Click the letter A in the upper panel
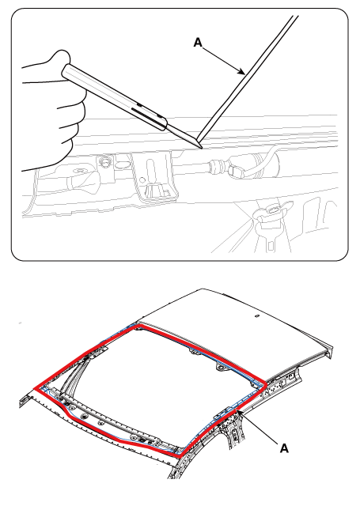point(198,43)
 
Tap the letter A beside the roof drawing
point(284,448)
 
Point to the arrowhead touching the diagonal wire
point(241,72)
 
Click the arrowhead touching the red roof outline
point(239,412)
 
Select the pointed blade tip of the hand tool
point(201,147)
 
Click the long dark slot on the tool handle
point(146,115)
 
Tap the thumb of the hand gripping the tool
point(61,58)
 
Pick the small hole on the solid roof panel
point(257,316)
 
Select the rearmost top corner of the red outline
point(138,327)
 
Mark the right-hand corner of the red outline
point(265,384)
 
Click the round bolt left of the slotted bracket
point(105,161)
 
